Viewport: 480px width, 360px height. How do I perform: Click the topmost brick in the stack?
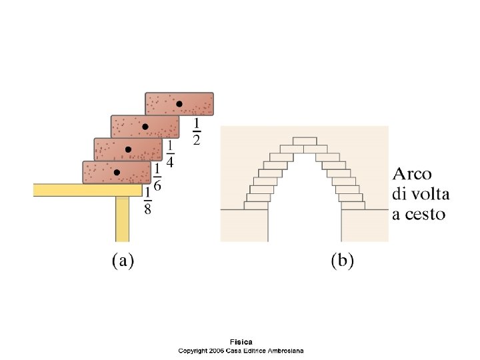pyautogui.click(x=179, y=104)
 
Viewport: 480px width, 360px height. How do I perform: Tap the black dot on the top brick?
pyautogui.click(x=179, y=104)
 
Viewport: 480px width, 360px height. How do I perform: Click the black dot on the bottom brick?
pyautogui.click(x=117, y=172)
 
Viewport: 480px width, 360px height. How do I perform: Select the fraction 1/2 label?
pyautogui.click(x=197, y=131)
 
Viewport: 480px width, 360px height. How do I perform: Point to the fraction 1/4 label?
pyautogui.click(x=170, y=154)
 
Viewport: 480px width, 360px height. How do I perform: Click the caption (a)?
pyautogui.click(x=122, y=261)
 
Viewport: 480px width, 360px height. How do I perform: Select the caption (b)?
pyautogui.click(x=342, y=261)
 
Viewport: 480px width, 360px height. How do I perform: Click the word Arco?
pyautogui.click(x=412, y=175)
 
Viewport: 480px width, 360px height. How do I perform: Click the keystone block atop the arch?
pyautogui.click(x=305, y=141)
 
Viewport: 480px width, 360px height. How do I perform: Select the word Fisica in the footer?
pyautogui.click(x=241, y=343)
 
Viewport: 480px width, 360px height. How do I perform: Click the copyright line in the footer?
pyautogui.click(x=241, y=351)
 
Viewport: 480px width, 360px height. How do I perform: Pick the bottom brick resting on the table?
pyautogui.click(x=117, y=172)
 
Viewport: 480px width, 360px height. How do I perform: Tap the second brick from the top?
pyautogui.click(x=145, y=127)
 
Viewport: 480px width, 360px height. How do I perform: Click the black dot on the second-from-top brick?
pyautogui.click(x=145, y=127)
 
